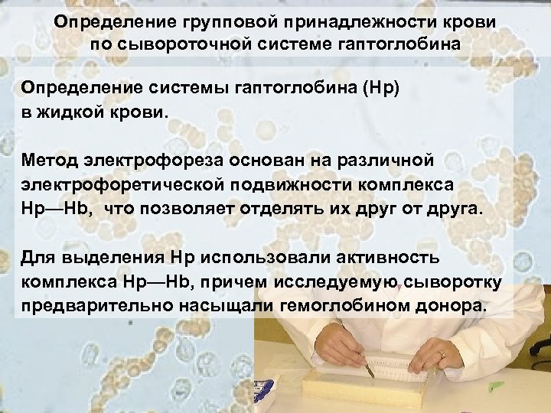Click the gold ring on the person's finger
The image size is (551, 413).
click(x=442, y=353)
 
